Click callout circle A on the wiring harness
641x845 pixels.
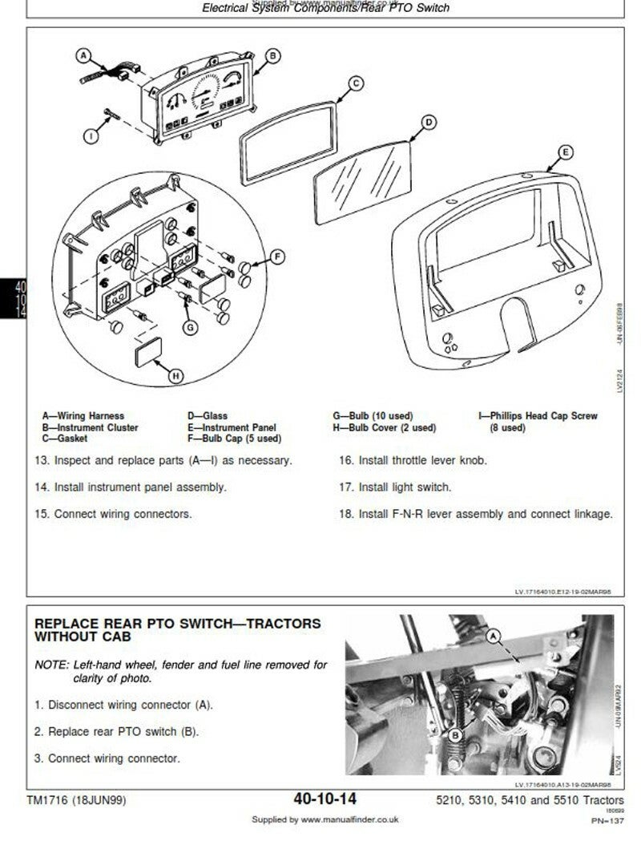point(84,55)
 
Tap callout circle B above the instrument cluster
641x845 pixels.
point(272,55)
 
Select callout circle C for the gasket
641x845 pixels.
point(356,83)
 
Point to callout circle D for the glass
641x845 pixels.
point(428,122)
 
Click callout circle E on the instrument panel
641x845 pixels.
point(565,152)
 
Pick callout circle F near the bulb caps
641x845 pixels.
point(276,257)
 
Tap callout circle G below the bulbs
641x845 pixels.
point(190,327)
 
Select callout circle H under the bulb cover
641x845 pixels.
point(176,374)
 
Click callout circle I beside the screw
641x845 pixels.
point(91,136)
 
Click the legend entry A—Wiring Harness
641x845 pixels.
point(83,416)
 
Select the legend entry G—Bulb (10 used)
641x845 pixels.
point(373,416)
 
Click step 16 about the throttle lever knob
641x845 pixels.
point(413,461)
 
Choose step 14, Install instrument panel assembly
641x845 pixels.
point(130,487)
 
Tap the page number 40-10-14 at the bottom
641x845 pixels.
point(325,799)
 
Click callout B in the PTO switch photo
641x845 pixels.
point(455,735)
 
